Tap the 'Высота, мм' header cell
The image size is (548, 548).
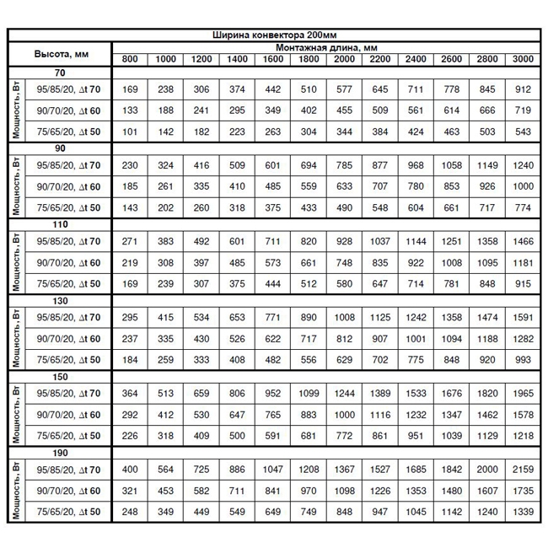click(61, 53)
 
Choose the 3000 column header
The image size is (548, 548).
click(523, 58)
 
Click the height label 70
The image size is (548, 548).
click(61, 73)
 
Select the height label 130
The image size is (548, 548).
click(61, 301)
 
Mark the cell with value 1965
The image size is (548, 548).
click(523, 392)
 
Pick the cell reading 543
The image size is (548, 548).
click(523, 132)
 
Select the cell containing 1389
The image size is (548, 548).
click(380, 392)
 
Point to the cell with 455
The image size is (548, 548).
click(344, 110)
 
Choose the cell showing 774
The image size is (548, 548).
click(523, 207)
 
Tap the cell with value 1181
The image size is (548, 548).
click(523, 263)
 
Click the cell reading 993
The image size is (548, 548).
click(523, 360)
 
